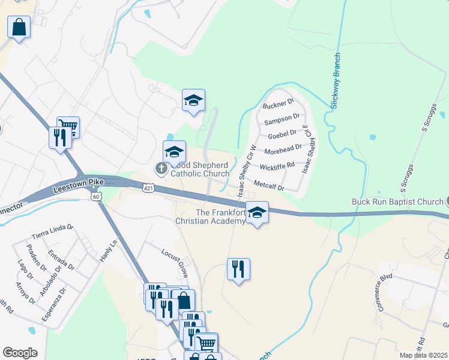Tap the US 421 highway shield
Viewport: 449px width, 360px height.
(148, 188)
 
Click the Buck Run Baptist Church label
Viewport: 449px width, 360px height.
(397, 202)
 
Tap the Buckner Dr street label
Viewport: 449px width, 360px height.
(278, 105)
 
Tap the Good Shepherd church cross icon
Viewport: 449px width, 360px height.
(161, 169)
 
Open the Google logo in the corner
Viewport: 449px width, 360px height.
(20, 353)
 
